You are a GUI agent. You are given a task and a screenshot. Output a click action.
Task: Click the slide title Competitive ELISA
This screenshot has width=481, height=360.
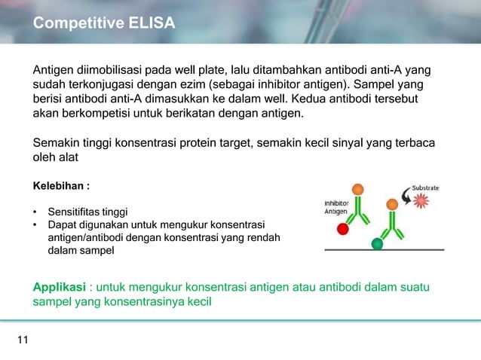[x=104, y=24]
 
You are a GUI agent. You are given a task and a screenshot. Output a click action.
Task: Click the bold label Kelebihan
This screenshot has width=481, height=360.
[x=61, y=185]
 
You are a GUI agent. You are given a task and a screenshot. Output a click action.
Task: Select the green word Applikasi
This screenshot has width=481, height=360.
[x=59, y=288]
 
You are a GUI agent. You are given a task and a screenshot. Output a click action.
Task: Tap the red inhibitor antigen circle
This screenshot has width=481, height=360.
[x=343, y=228]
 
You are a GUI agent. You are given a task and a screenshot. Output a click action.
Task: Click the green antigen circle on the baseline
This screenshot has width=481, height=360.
[x=378, y=243]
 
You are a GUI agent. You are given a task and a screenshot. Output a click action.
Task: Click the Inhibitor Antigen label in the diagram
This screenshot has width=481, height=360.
[x=335, y=207]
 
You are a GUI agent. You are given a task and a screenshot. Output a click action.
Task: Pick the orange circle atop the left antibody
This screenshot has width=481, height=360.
[x=357, y=190]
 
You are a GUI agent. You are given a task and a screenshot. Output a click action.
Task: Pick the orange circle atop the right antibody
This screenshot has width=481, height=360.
[x=391, y=204]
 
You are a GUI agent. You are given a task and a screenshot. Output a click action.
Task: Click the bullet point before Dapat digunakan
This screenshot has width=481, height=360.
[x=35, y=225]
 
